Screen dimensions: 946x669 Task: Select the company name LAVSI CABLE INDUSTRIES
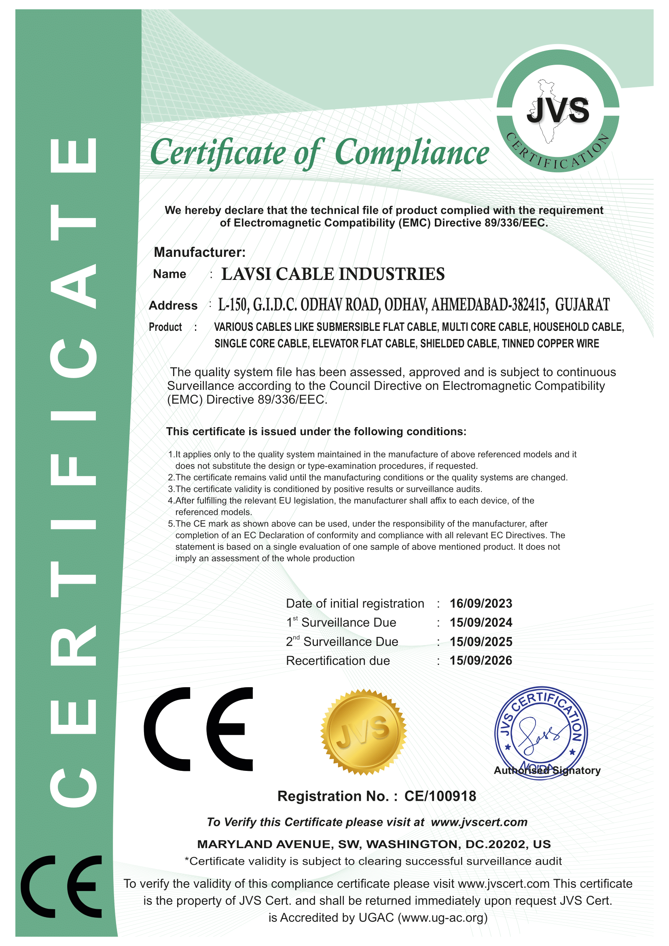tap(333, 274)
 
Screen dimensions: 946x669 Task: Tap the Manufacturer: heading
tap(199, 252)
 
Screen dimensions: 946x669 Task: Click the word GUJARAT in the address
tap(582, 305)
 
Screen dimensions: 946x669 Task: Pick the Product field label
tap(165, 327)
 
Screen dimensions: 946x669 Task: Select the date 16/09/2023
tap(481, 603)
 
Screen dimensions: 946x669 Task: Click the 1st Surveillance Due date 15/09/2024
tap(481, 622)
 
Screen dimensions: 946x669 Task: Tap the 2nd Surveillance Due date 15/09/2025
tap(481, 641)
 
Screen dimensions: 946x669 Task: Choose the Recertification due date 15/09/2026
tap(481, 660)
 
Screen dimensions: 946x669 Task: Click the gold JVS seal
tap(363, 732)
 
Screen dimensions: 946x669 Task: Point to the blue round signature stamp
tap(541, 733)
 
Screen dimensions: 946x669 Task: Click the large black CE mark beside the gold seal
tap(199, 729)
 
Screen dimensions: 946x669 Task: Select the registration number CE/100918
tap(440, 796)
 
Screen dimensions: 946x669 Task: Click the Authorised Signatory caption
tap(547, 770)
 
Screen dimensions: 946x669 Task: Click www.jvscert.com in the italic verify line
tap(479, 822)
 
